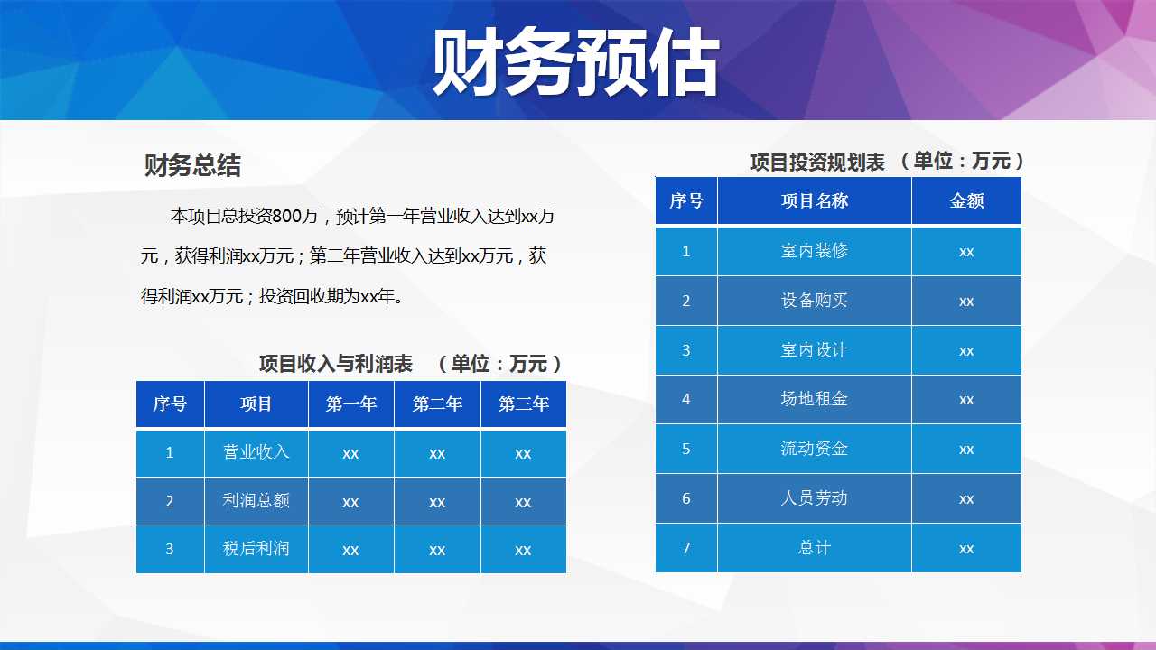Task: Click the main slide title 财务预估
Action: coord(575,62)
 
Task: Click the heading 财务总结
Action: coord(192,165)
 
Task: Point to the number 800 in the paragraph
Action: coord(286,216)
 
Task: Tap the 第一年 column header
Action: coord(351,404)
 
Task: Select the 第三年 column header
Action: coord(523,404)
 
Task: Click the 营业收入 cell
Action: coord(256,452)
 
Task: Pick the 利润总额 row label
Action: coord(256,500)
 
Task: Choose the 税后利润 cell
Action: coord(256,548)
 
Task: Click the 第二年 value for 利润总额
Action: coord(437,502)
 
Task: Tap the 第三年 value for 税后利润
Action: coord(523,550)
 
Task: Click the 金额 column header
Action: coord(966,200)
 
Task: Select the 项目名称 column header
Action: coord(815,200)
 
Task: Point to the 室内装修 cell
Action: coord(815,251)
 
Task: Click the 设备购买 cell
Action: coord(815,301)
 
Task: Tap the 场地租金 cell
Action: coord(815,399)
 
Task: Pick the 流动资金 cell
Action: coord(815,449)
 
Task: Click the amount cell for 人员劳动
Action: coord(966,499)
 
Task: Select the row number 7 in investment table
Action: coord(685,548)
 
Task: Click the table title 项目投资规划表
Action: coord(818,162)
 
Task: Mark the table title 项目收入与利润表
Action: coord(335,364)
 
